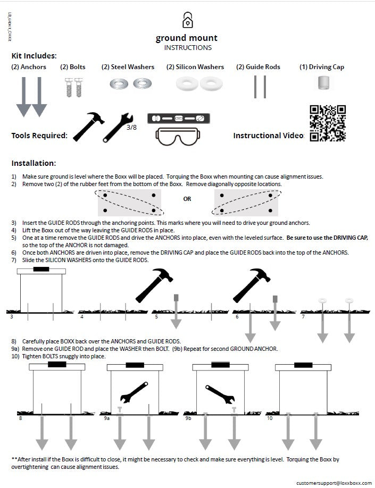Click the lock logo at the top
click(x=187, y=20)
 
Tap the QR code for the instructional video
click(x=327, y=123)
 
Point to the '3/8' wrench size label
click(x=131, y=128)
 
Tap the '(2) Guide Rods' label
click(x=258, y=67)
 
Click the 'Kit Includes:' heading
click(x=34, y=56)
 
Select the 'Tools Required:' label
click(x=39, y=136)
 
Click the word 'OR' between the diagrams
click(x=187, y=199)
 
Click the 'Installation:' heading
click(x=34, y=163)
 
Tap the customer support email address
click(x=334, y=482)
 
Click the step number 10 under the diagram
click(x=270, y=419)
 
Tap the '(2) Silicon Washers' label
click(x=195, y=67)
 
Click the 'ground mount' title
click(x=186, y=38)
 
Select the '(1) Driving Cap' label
click(x=321, y=67)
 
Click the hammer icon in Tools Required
click(x=86, y=127)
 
